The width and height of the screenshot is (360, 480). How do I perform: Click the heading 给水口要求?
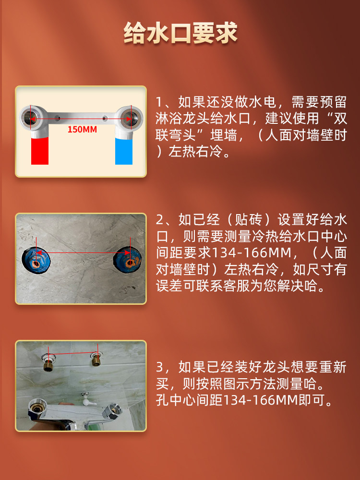point(180,34)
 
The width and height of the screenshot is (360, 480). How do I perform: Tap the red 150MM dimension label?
point(82,129)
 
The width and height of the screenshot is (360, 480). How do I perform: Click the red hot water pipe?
point(39,151)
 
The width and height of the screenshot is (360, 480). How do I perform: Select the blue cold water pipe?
point(123,151)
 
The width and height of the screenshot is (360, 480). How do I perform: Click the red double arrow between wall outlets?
point(82,252)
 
